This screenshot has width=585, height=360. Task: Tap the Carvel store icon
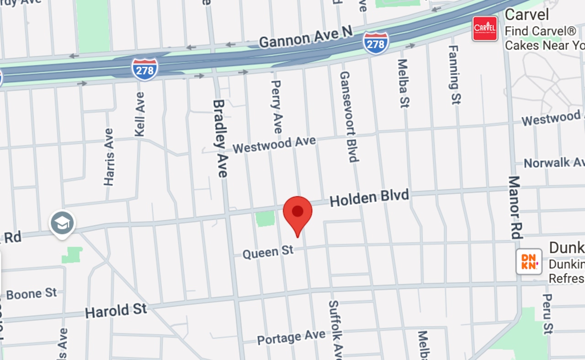coord(484,28)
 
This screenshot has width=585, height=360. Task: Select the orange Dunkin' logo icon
coord(529,261)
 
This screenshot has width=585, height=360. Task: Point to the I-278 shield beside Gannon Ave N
coord(376,43)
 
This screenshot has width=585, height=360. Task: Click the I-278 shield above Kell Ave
coord(145,69)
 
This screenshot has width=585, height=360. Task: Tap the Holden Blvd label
coord(369,198)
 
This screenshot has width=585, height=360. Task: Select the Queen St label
coord(267,252)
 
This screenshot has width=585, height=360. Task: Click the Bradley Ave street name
coord(220,138)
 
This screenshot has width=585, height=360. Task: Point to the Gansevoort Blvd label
coord(348,116)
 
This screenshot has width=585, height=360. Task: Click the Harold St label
coord(116,312)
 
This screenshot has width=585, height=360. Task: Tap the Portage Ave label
coord(291,338)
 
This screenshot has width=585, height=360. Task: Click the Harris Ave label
coord(109,157)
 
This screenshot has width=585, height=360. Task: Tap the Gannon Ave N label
coord(306,37)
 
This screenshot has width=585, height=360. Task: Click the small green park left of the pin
coord(265,219)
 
